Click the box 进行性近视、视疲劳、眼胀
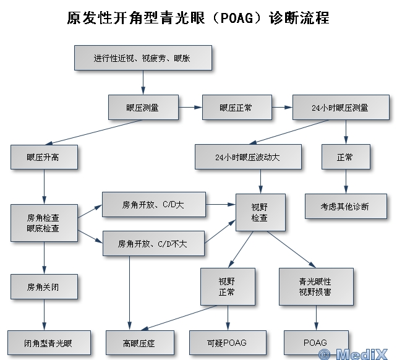click(143, 58)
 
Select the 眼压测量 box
click(143, 107)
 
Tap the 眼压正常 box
click(236, 107)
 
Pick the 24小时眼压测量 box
click(340, 107)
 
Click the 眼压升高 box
click(44, 157)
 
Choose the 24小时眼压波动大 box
click(248, 157)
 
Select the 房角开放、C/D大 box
click(153, 204)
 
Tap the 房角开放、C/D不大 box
click(153, 244)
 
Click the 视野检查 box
click(260, 213)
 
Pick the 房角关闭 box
click(44, 287)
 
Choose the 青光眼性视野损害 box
click(315, 286)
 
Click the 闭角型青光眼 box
click(49, 343)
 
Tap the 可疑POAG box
click(228, 343)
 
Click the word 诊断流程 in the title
click(299, 18)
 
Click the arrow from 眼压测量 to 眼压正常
click(190, 107)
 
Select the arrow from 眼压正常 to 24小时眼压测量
click(281, 107)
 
